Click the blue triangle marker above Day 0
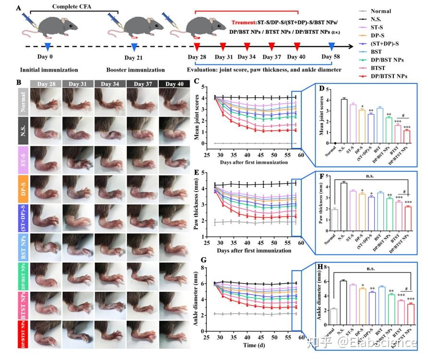48,46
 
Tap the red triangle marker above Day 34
247,46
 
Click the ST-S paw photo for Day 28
46,159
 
